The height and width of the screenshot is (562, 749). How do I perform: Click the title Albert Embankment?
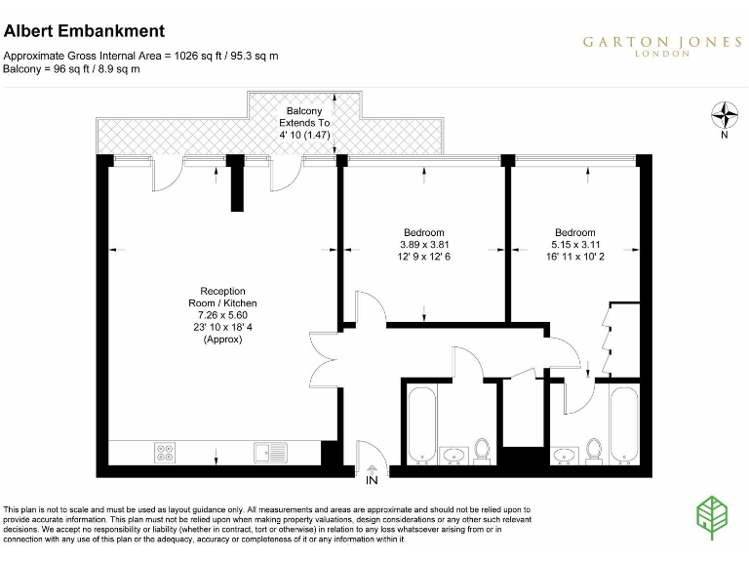[x=84, y=32]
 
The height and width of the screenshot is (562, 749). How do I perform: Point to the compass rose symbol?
[x=724, y=116]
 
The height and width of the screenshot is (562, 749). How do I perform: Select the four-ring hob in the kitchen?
[x=165, y=452]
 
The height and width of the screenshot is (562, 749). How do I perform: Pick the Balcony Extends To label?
[x=304, y=124]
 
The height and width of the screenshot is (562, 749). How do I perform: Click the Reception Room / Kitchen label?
[x=222, y=297]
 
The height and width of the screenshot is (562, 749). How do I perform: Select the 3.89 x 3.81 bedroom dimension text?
[x=424, y=244]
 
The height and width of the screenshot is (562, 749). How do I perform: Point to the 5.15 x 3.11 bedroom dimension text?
[x=574, y=244]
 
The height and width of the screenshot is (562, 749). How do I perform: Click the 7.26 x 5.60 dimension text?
[x=222, y=315]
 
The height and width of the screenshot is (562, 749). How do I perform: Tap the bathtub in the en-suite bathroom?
[x=622, y=425]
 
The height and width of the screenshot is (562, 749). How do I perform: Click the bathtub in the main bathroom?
[x=421, y=425]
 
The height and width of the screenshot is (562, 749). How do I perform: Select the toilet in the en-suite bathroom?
[x=594, y=450]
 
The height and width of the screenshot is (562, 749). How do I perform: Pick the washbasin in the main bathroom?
[x=454, y=455]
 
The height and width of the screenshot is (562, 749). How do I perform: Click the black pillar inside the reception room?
[x=237, y=185]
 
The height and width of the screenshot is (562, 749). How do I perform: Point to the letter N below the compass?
[x=724, y=136]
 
